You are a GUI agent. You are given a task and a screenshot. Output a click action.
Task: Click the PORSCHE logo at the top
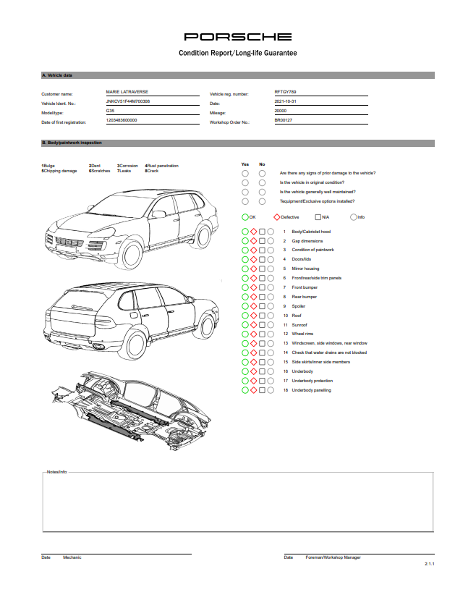(238, 36)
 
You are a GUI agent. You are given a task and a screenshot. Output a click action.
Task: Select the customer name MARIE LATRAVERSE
(127, 93)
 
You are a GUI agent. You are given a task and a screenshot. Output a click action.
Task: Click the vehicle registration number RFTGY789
(285, 93)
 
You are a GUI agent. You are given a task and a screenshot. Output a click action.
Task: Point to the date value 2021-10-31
(286, 102)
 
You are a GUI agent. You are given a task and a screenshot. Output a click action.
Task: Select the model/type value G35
(110, 111)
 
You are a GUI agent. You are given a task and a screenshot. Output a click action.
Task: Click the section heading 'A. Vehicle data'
(57, 75)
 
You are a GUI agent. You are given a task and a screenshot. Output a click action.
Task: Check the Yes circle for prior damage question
(245, 173)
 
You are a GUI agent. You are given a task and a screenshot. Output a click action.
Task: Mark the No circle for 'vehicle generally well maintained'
(262, 192)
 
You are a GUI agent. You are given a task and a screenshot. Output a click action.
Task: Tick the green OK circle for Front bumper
(245, 287)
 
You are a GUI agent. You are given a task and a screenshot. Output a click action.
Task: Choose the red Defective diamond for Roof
(254, 316)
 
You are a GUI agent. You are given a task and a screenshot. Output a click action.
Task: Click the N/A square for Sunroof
(263, 325)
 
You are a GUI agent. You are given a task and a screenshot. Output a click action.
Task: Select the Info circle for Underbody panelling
(271, 390)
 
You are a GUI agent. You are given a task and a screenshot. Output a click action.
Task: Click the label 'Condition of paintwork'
(313, 250)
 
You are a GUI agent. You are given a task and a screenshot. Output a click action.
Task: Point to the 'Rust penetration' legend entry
(163, 166)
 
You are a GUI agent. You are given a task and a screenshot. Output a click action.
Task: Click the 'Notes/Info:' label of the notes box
(56, 471)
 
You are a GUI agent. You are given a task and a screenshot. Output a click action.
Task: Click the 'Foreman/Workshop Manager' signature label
(333, 557)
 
